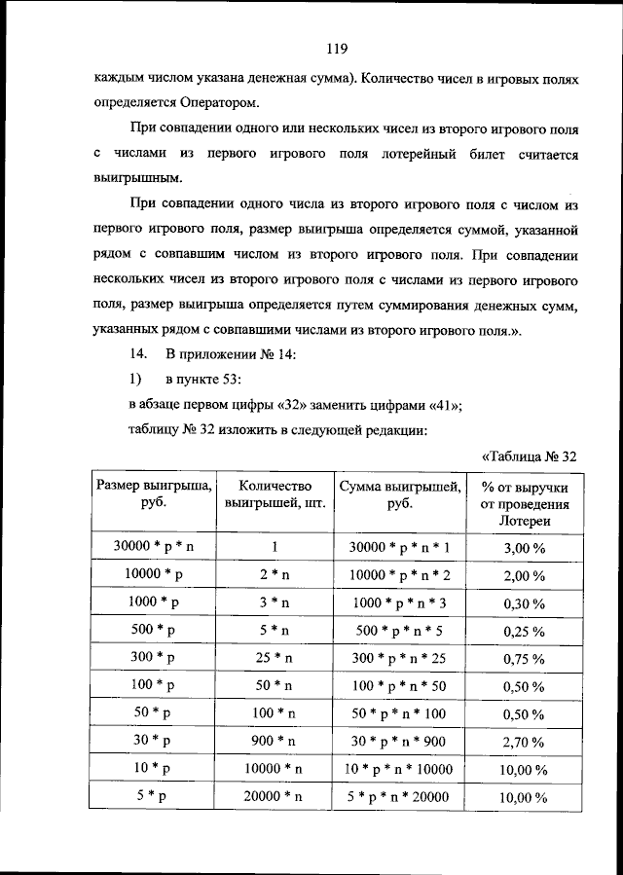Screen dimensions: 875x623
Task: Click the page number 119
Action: coord(337,49)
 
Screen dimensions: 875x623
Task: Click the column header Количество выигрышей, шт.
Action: coord(275,494)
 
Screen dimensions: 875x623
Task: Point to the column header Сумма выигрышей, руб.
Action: coord(399,494)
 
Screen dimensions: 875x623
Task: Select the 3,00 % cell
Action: coord(523,548)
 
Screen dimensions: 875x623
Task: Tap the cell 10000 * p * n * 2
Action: coord(399,575)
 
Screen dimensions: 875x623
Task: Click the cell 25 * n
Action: coord(275,657)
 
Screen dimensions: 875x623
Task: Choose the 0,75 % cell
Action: coord(523,658)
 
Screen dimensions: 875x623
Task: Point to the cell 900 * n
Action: coord(275,741)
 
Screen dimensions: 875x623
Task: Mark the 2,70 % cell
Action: coord(523,742)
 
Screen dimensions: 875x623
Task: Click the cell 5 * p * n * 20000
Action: coord(399,797)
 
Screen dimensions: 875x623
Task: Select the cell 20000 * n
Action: coord(275,796)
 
